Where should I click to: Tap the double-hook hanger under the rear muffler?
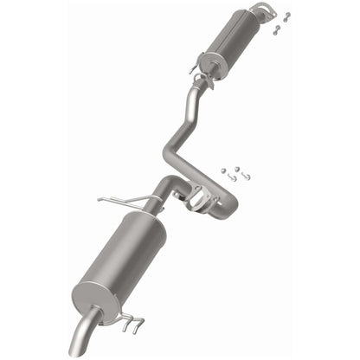132,325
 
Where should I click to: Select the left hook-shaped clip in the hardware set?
231,177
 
